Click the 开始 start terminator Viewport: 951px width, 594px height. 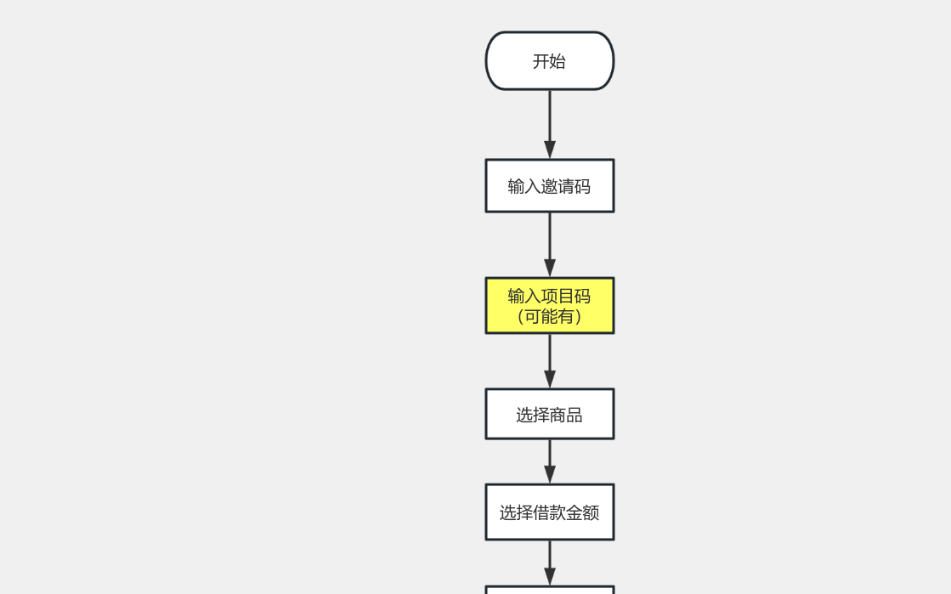click(x=550, y=60)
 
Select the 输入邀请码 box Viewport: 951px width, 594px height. click(x=550, y=185)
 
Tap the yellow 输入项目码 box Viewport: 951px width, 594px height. click(x=550, y=306)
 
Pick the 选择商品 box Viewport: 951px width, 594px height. click(x=550, y=414)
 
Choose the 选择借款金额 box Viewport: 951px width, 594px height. click(x=550, y=512)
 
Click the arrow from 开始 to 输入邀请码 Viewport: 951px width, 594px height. click(x=550, y=124)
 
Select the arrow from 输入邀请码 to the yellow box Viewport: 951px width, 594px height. click(x=550, y=245)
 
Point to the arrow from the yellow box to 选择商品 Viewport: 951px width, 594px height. click(x=550, y=361)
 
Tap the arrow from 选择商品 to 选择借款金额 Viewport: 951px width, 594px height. click(x=550, y=461)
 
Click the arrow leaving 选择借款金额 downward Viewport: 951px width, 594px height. click(x=550, y=563)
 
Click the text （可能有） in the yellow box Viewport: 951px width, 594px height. click(x=550, y=316)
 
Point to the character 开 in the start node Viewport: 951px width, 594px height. click(x=541, y=61)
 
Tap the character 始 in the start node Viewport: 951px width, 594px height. click(x=558, y=61)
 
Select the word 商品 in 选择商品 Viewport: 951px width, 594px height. click(x=566, y=415)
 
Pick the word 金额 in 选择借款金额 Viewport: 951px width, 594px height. click(x=583, y=513)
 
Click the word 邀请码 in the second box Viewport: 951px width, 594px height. click(x=566, y=187)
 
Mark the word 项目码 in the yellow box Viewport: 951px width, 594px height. click(x=566, y=296)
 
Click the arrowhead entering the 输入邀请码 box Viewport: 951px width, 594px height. click(x=550, y=150)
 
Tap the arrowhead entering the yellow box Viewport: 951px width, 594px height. click(x=550, y=269)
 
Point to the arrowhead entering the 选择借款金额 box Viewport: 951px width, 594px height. click(x=550, y=474)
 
